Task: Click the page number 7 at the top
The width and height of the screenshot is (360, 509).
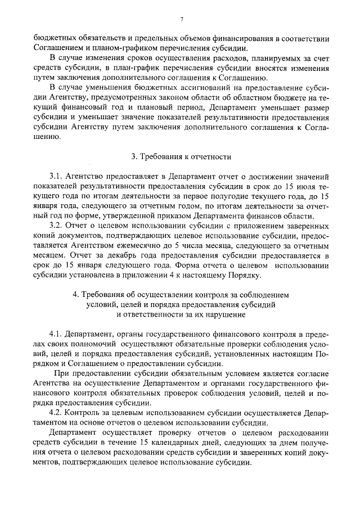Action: (182, 20)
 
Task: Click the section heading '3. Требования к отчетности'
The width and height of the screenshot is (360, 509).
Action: (180, 156)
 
